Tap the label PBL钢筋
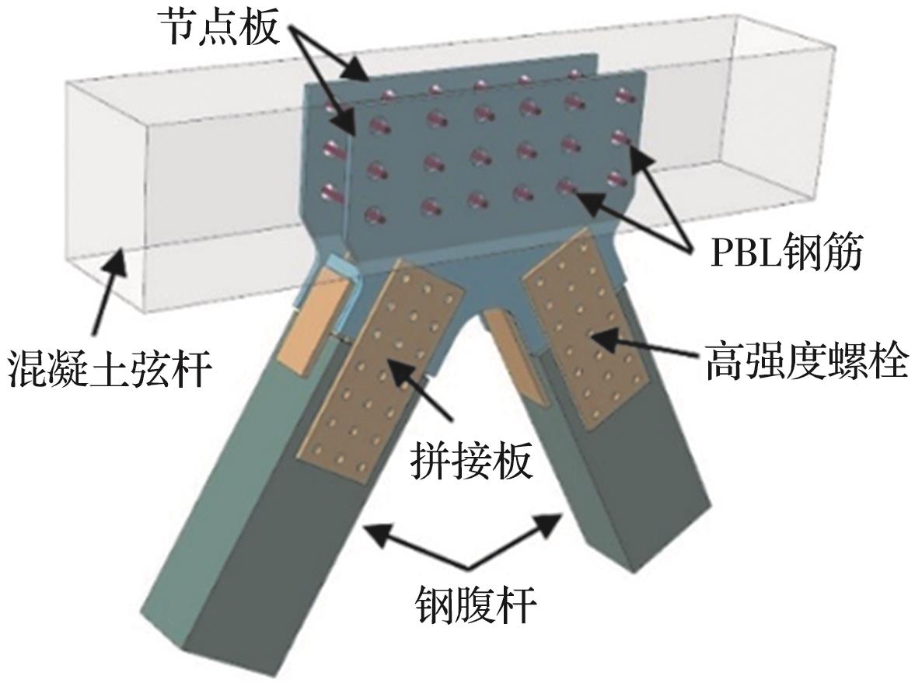click(786, 255)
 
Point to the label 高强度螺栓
click(805, 361)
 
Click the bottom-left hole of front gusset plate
click(376, 214)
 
